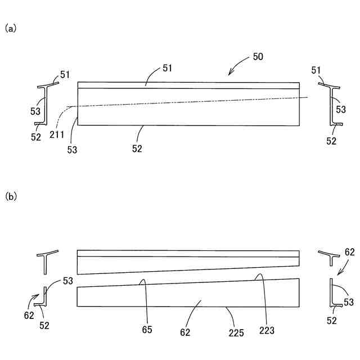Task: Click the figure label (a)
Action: point(10,28)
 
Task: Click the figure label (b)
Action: point(10,196)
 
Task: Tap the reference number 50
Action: point(257,57)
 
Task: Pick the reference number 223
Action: point(267,330)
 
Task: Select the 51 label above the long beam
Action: point(167,68)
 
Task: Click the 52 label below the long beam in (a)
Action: point(137,148)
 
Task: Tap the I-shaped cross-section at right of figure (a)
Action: point(332,105)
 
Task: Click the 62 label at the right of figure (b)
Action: point(349,252)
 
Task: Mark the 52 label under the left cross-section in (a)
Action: point(36,136)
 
